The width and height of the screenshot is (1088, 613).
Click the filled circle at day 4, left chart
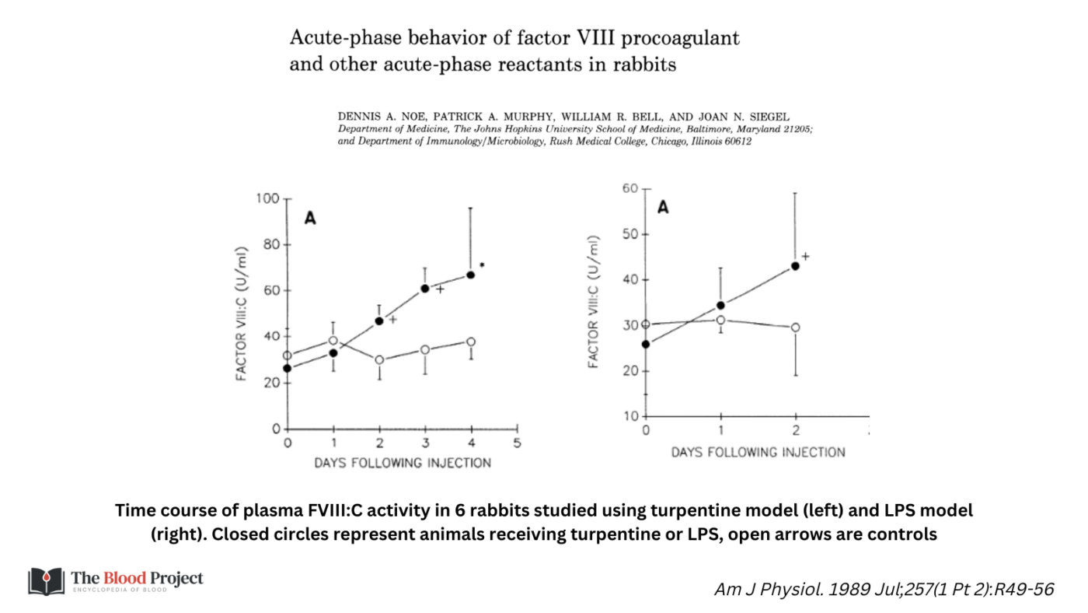pos(471,275)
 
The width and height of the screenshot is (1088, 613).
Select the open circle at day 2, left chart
pos(379,360)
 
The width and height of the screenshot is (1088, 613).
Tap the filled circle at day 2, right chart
pos(795,266)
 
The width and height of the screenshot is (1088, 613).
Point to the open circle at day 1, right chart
pos(720,320)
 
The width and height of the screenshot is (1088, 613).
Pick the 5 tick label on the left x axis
pos(517,443)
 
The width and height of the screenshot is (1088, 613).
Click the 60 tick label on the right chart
pos(629,189)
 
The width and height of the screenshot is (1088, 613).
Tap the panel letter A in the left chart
pos(310,219)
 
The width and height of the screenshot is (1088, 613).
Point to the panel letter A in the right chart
pos(664,208)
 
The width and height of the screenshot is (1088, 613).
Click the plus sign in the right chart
pos(806,256)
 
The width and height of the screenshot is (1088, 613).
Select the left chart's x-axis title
pos(403,463)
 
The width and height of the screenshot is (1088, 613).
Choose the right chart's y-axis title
pos(595,301)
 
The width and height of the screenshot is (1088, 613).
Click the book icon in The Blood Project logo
pos(46,581)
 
